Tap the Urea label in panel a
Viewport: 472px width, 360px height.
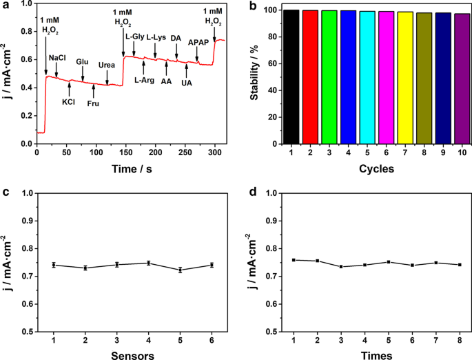pyautogui.click(x=107, y=65)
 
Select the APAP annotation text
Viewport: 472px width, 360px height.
pyautogui.click(x=198, y=43)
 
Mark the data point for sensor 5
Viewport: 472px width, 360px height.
pyautogui.click(x=181, y=270)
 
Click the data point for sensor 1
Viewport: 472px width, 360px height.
pyautogui.click(x=54, y=265)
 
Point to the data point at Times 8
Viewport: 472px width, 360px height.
pyautogui.click(x=459, y=265)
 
